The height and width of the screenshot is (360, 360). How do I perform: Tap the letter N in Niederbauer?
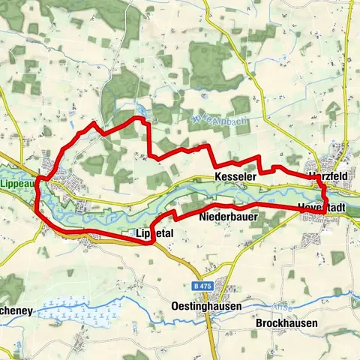click(x=203, y=217)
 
